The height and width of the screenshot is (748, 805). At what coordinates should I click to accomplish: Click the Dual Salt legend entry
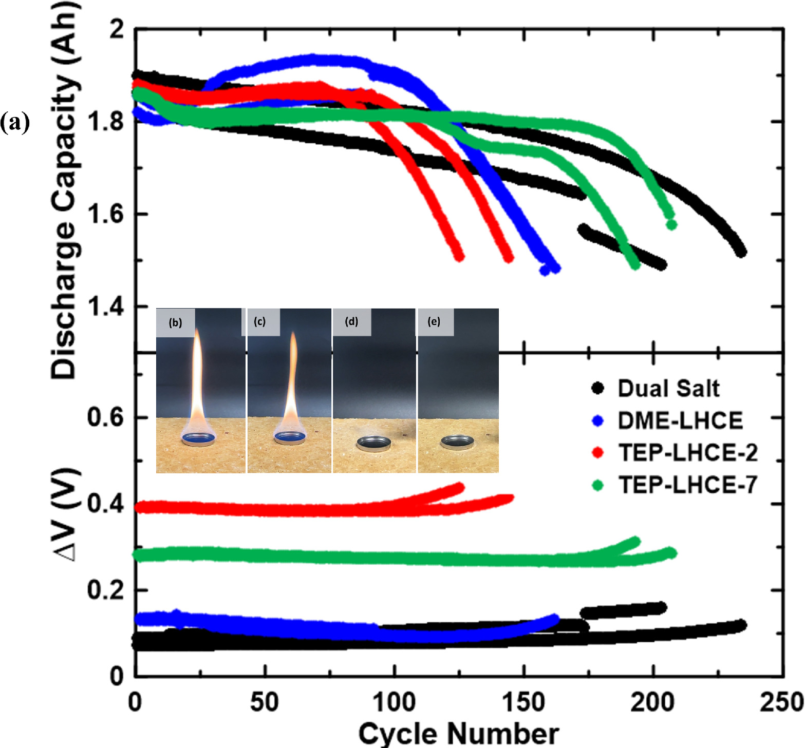pos(668,389)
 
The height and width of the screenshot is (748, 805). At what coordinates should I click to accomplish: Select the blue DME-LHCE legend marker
pos(597,421)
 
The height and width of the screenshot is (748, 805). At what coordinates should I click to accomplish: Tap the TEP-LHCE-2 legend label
pos(687,453)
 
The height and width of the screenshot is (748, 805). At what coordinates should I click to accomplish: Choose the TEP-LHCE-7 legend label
pos(687,485)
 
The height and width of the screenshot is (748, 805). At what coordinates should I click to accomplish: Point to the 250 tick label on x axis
pos(781,702)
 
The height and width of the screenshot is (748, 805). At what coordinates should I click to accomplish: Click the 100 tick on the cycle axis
pos(394,702)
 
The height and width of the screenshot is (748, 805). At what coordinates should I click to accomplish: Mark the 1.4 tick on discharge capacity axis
pos(105,307)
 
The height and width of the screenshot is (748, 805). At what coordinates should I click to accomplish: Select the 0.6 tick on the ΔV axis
pos(105,417)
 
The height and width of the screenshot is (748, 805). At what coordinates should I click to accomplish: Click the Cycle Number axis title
pos(458,733)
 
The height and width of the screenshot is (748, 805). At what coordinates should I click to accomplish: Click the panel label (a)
pos(14,123)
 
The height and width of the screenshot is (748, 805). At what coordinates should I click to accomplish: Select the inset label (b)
pos(175,322)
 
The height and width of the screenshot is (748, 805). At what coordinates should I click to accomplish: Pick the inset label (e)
pos(434,322)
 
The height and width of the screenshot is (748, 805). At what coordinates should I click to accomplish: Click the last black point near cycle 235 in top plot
pos(741,252)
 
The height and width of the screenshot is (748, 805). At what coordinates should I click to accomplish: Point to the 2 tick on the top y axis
pos(117,30)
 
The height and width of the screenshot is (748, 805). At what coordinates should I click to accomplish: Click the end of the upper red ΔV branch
pos(460,487)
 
